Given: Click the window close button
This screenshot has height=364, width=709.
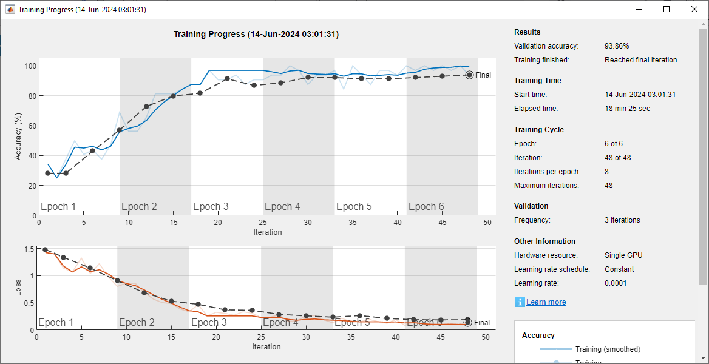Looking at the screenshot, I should click(x=694, y=9).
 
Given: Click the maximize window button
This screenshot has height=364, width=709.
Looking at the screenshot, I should click(x=667, y=9).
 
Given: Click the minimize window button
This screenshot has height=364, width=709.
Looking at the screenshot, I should click(x=639, y=9).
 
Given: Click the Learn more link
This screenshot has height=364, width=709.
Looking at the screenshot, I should click(x=546, y=302).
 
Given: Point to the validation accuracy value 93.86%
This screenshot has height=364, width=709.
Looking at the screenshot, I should click(x=617, y=46).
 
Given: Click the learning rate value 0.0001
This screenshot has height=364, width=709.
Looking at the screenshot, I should click(x=616, y=283).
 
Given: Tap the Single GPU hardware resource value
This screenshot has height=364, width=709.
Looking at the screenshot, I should click(x=623, y=255).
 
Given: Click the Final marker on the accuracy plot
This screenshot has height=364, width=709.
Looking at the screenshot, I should click(x=469, y=75).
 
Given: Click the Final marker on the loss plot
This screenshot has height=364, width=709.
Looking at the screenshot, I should click(x=467, y=323).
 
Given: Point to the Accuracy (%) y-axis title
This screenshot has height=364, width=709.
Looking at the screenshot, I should click(x=18, y=137).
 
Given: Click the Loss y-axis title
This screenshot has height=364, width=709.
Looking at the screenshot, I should click(x=18, y=287).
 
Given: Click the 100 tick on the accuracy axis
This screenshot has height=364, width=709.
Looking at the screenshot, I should click(x=30, y=66).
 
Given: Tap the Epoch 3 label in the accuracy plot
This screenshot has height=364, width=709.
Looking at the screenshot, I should click(x=211, y=207).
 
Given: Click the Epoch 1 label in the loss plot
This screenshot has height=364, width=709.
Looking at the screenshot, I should click(x=56, y=323).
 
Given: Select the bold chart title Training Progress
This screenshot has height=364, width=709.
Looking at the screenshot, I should click(x=256, y=35).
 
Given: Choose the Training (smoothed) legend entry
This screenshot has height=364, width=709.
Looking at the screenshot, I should click(x=608, y=349).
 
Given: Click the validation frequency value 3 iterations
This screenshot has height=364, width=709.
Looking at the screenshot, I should click(x=622, y=220).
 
